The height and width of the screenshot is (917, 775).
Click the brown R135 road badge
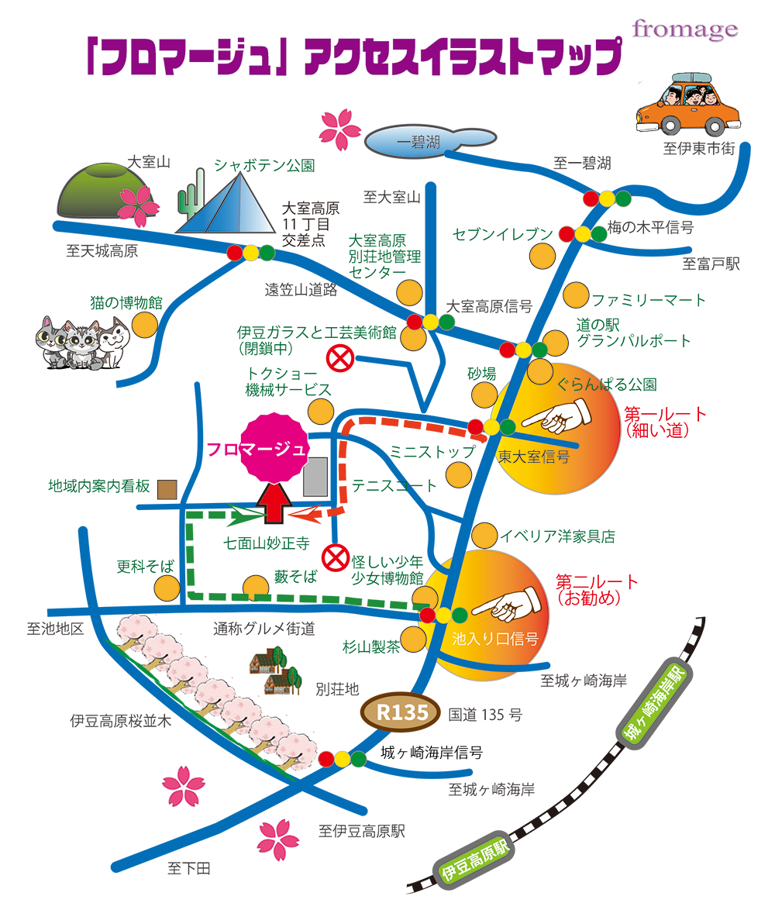401,712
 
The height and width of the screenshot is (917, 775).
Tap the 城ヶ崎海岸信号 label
431,753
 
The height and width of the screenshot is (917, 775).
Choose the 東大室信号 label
533,457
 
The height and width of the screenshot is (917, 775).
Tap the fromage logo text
684,30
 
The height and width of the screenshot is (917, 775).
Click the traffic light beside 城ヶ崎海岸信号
342,759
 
